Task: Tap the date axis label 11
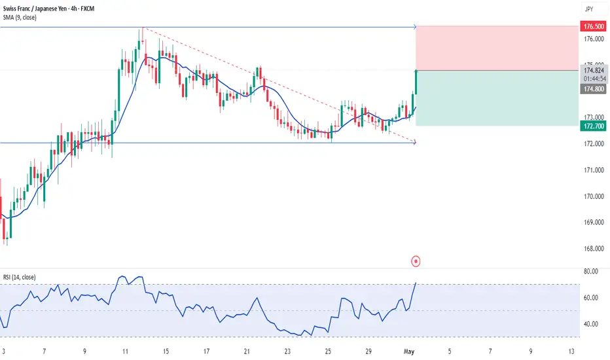coord(125,350)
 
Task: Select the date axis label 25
coord(327,350)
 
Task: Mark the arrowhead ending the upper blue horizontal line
coord(414,27)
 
